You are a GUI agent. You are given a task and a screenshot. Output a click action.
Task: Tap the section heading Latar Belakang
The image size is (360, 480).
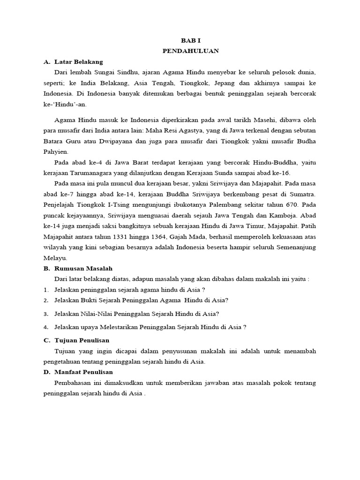coord(78,62)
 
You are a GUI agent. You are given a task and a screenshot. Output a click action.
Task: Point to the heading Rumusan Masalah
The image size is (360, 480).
coord(83,268)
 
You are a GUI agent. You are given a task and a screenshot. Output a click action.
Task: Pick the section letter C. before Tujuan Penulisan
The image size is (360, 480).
coord(46,340)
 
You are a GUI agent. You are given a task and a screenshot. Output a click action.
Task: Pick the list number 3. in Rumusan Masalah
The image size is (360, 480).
coord(46,314)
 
